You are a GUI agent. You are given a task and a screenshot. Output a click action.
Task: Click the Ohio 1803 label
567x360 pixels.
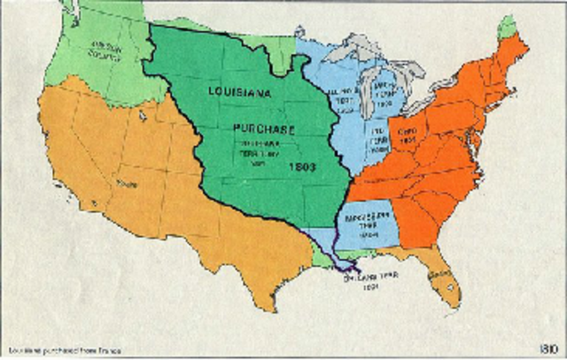tap(408, 133)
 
